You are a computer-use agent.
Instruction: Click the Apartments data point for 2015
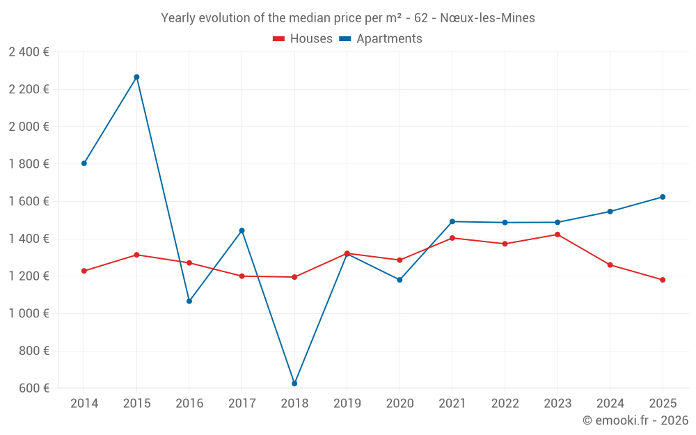136,77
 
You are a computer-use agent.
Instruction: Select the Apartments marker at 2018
294,383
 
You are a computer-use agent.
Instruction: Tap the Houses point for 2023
557,235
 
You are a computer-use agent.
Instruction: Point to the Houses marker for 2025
663,280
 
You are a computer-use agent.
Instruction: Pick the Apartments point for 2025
663,197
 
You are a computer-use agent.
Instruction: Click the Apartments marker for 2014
84,163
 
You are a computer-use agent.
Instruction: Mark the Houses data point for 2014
84,271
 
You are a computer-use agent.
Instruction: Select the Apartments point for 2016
189,301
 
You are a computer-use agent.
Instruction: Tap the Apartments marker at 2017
242,230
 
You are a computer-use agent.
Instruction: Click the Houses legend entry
303,39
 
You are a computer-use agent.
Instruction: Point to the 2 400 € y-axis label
29,52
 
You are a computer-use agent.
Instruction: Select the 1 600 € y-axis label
29,201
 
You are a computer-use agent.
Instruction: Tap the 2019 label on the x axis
347,404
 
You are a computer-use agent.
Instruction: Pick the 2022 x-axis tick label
505,404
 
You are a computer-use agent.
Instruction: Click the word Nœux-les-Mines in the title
487,18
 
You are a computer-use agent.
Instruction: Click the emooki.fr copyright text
635,420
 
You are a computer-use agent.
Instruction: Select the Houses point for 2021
452,238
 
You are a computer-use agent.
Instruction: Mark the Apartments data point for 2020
400,280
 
